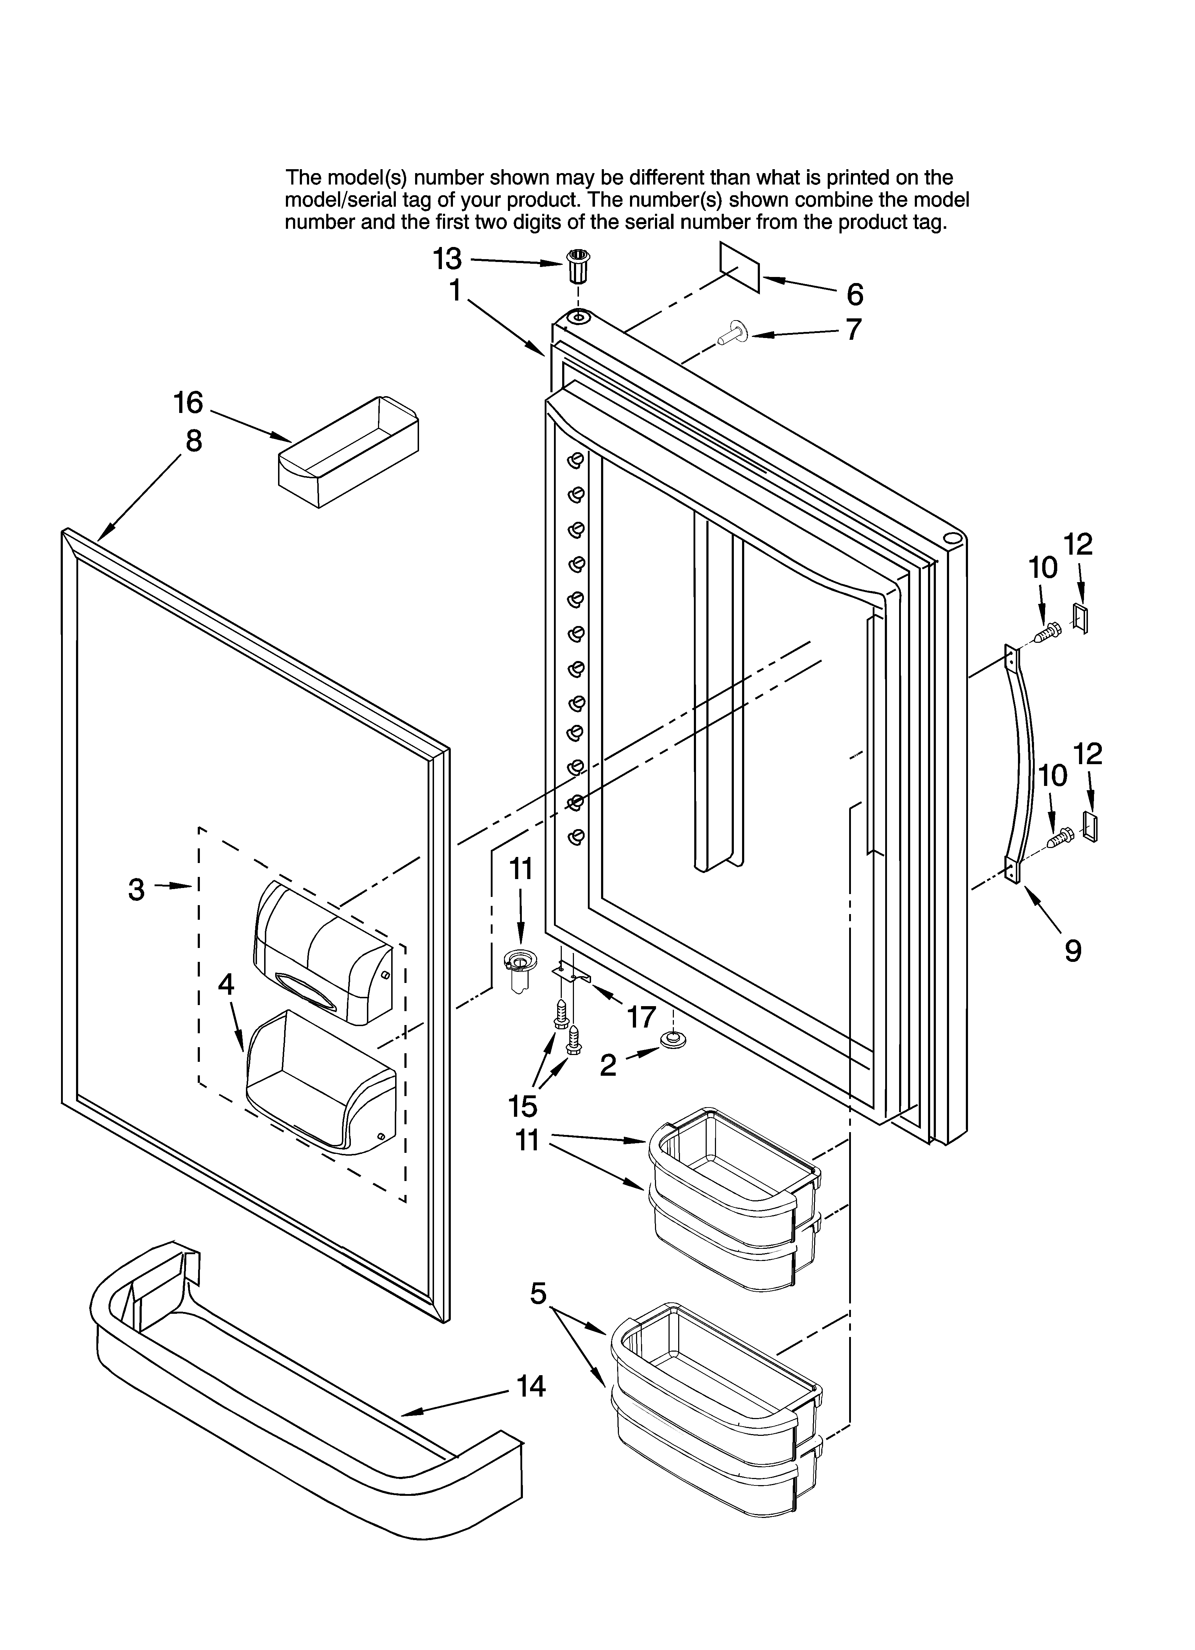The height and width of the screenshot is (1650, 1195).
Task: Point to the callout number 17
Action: pos(641,1017)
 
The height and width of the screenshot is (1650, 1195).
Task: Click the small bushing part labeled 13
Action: pos(579,267)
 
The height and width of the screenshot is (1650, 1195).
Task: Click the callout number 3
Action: pos(136,889)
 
